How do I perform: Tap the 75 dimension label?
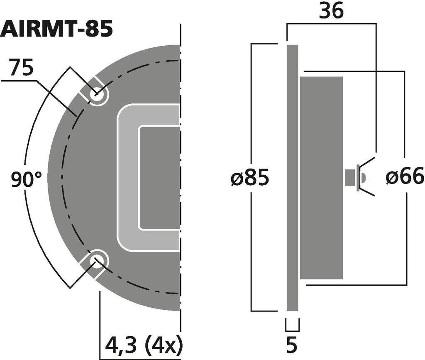[21, 67]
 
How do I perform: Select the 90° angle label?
[27, 179]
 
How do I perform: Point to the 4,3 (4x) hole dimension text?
[144, 345]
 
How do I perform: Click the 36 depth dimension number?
[331, 11]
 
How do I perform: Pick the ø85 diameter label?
[249, 178]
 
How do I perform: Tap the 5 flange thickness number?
[292, 345]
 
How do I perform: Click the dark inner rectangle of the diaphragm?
[159, 178]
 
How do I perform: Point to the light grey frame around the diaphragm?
[127, 178]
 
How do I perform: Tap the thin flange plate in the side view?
[293, 178]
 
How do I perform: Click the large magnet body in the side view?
[322, 178]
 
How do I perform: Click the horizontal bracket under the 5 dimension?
[293, 331]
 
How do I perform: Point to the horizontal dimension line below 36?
[332, 24]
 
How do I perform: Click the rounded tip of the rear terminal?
[364, 178]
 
